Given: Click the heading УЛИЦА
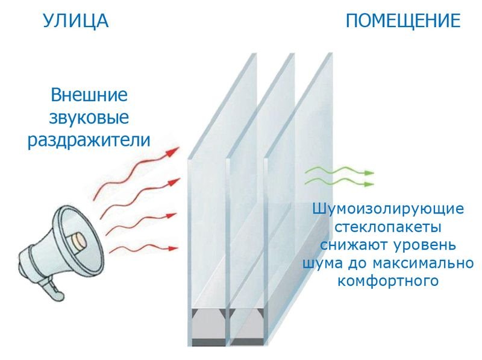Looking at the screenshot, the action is [76, 21].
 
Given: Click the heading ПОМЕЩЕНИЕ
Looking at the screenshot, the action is [403, 21].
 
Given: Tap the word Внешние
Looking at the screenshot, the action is [89, 95].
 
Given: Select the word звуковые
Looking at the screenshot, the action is [89, 118].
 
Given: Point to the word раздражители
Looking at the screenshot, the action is [89, 141].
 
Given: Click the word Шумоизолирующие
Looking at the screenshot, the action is [388, 209].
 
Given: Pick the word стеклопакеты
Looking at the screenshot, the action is [388, 227].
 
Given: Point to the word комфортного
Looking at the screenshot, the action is [388, 281].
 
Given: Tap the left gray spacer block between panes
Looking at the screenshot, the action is [208, 326].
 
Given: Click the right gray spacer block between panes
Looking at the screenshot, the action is [247, 326].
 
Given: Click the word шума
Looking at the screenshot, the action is [324, 264].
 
